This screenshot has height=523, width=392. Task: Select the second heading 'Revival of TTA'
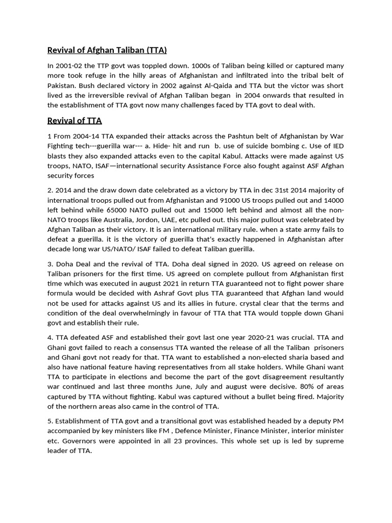point(75,121)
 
